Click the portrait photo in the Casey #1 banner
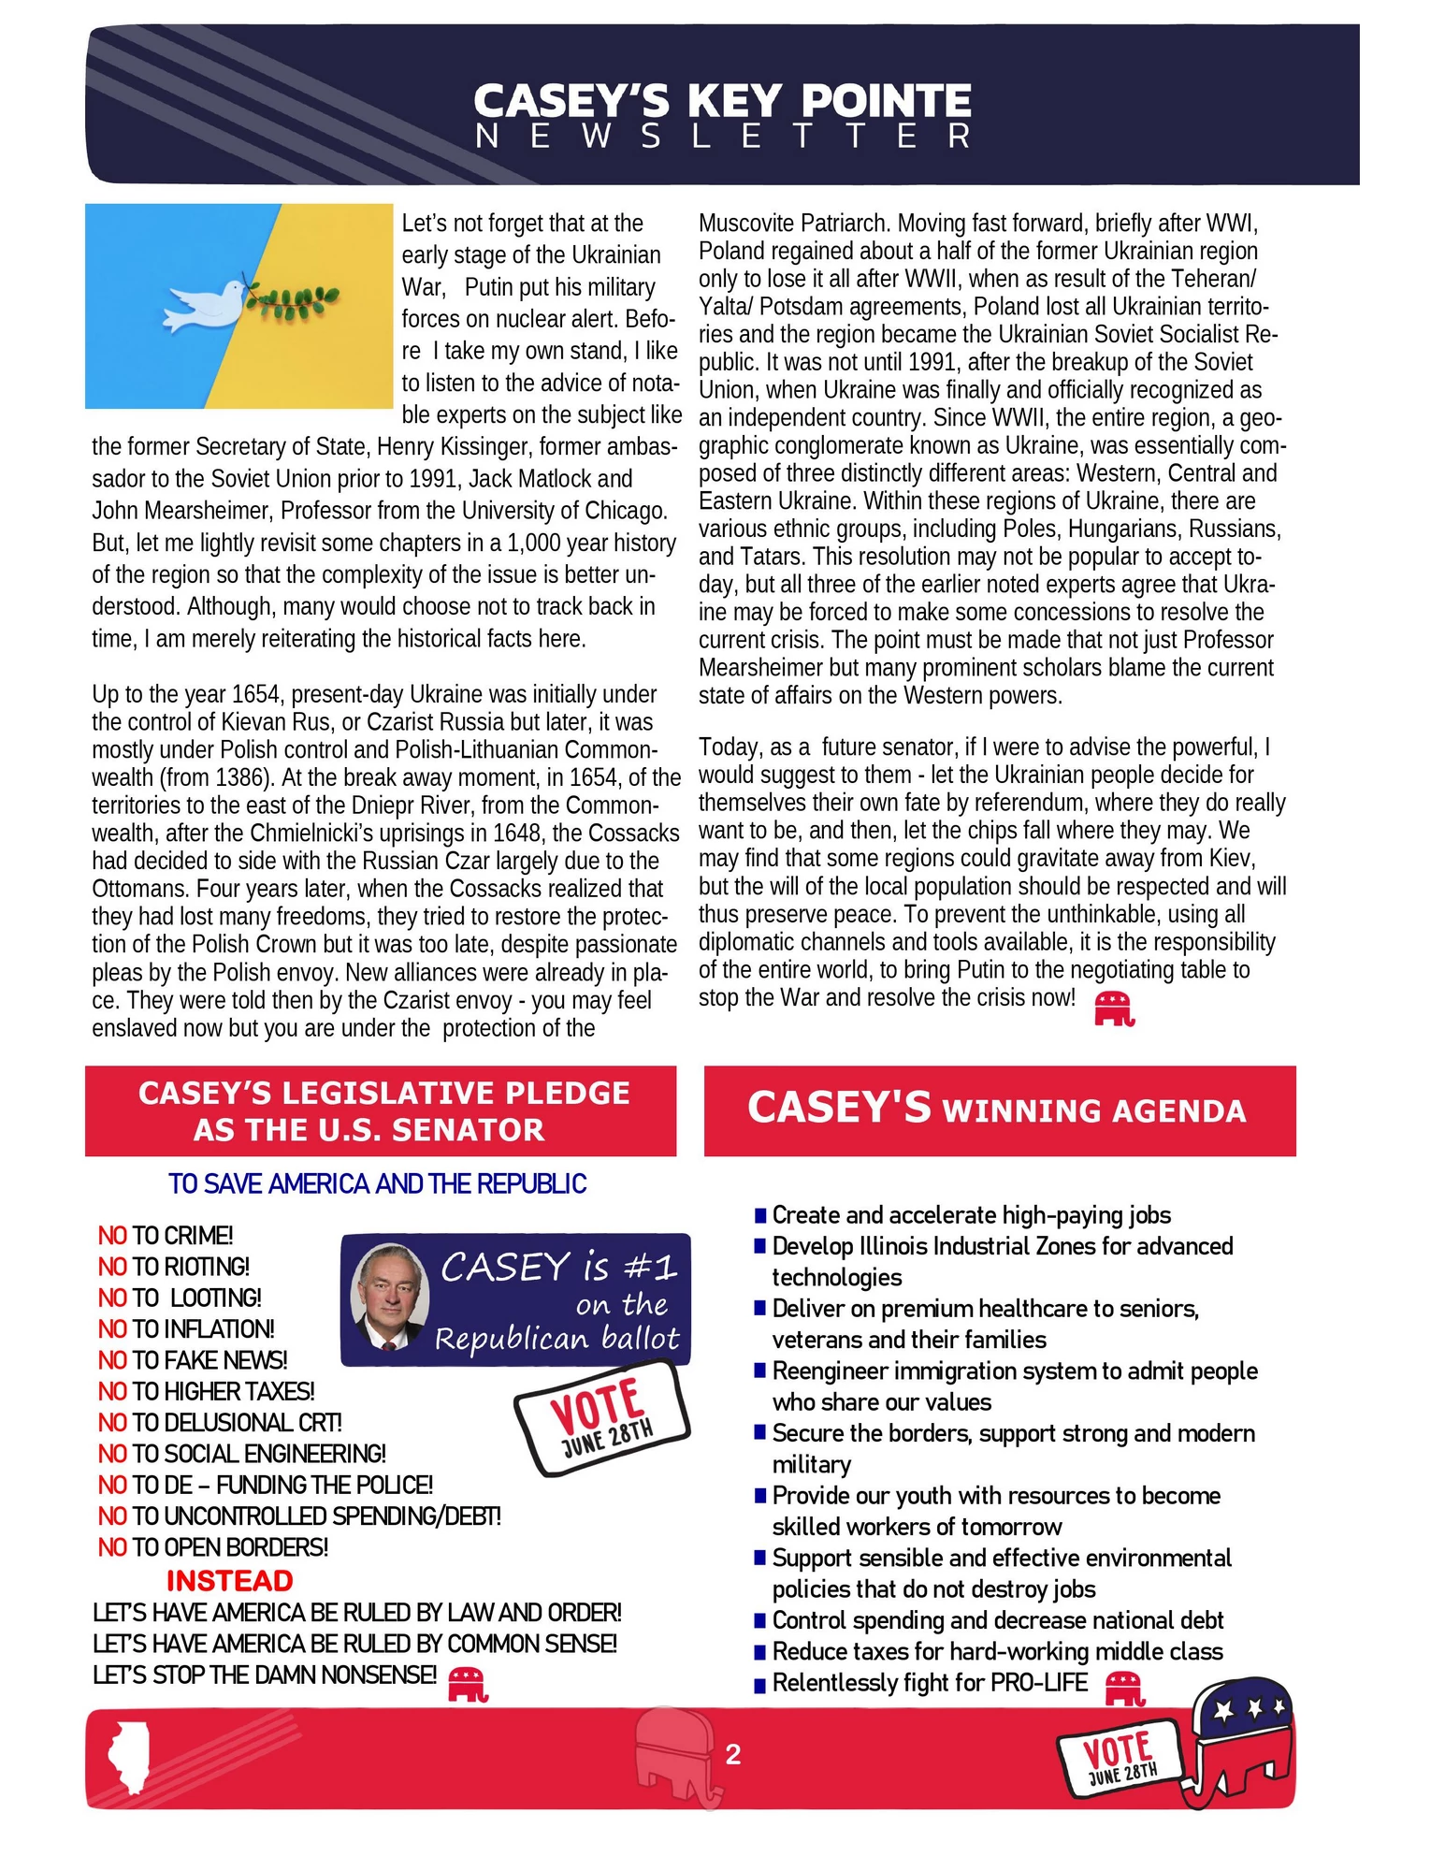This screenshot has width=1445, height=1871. coord(389,1296)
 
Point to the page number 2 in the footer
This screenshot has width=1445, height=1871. coord(732,1754)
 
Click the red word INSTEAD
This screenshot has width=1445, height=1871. coord(229,1580)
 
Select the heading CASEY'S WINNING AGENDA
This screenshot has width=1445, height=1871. coord(997,1109)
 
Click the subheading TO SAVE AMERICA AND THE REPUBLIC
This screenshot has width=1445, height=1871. coord(377,1183)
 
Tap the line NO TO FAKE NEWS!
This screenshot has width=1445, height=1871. coord(193,1359)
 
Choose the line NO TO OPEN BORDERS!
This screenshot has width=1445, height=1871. coord(213,1546)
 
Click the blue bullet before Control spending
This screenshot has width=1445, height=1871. coord(759,1621)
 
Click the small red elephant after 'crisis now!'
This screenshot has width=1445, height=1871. coord(1114,1008)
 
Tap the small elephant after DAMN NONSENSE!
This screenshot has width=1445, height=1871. coord(468,1683)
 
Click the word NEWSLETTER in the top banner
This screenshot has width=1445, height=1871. coord(722,137)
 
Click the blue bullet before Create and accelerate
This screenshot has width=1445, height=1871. coord(759,1216)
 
